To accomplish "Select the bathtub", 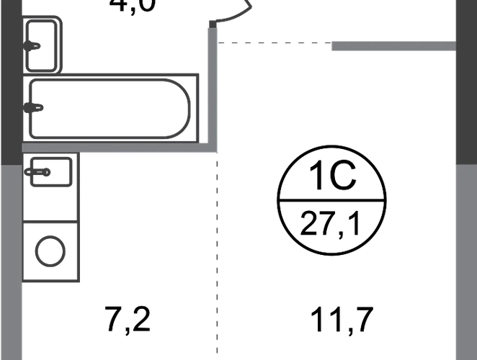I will pyautogui.click(x=108, y=109).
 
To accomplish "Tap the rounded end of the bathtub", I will pyautogui.click(x=184, y=109).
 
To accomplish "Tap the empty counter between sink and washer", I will pyautogui.click(x=50, y=206).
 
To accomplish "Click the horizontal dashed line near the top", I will pyautogui.click(x=274, y=43).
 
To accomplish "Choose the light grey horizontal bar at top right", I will pyautogui.click(x=393, y=45).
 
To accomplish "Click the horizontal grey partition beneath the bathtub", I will pyautogui.click(x=119, y=148).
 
